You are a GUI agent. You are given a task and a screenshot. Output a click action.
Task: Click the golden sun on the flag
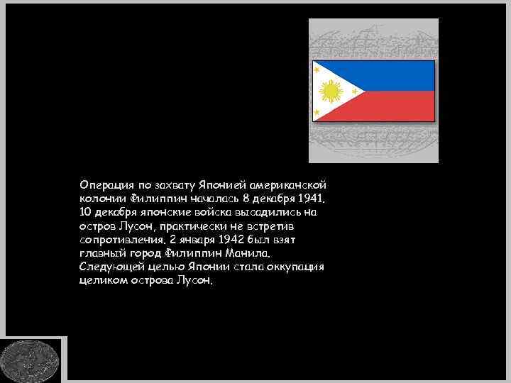pos(330,91)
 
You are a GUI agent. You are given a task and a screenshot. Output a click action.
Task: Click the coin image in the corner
pos(30,360)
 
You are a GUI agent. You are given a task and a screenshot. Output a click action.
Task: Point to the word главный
pos(104,252)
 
